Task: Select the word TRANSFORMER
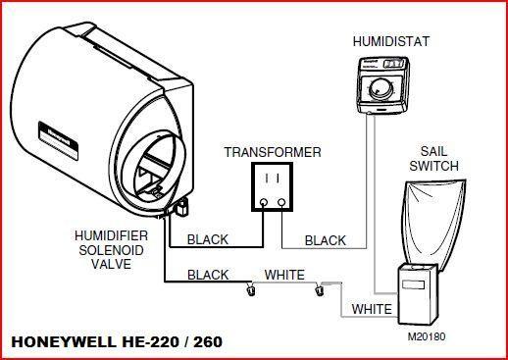pos(271,153)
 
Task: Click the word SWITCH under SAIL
pos(434,168)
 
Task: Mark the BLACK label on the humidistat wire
pos(325,240)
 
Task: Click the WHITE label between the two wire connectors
pos(284,276)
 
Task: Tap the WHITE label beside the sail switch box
pos(372,310)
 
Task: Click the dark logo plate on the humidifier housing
pos(58,138)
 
